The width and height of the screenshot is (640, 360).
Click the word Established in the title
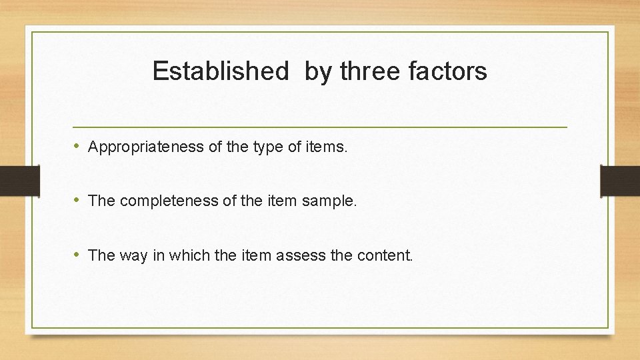(220, 71)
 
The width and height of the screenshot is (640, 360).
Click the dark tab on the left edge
(19, 181)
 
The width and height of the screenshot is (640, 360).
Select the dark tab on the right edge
(620, 181)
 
